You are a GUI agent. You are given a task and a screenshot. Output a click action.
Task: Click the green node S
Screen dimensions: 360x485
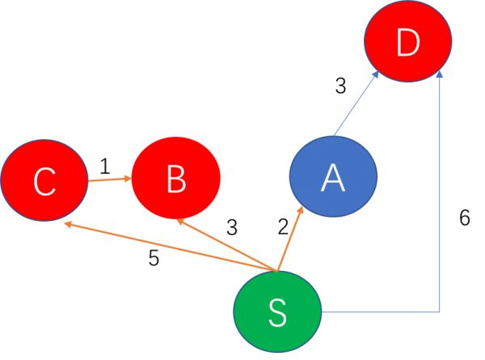point(277,312)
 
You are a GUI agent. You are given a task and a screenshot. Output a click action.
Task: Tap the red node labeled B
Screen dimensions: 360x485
point(175,180)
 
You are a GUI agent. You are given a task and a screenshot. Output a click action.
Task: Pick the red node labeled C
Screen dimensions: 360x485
point(44,182)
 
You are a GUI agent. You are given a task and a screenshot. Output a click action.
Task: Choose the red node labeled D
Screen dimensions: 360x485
point(407,44)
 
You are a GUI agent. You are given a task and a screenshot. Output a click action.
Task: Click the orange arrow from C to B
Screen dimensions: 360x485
point(108,180)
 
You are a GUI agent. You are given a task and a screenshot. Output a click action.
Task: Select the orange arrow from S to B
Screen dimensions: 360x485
point(227,244)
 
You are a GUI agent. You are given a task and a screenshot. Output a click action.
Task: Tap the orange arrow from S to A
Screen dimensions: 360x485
point(289,239)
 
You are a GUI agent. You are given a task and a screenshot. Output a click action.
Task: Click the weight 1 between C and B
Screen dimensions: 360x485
point(104,166)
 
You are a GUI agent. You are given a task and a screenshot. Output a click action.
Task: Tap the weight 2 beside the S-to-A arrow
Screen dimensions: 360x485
point(282,227)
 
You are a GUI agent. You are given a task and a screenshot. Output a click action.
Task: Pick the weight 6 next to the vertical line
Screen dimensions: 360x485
point(463,218)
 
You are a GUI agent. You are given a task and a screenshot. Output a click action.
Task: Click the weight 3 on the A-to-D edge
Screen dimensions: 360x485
point(340,86)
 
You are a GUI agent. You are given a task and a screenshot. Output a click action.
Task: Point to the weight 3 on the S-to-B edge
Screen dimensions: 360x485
point(232,227)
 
